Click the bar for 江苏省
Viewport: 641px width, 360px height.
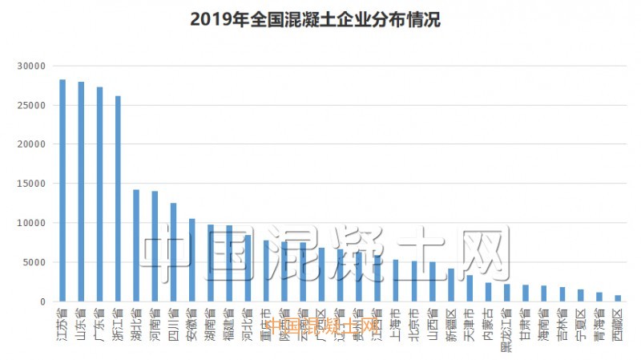pyautogui.click(x=62, y=191)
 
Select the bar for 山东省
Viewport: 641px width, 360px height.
pyautogui.click(x=81, y=192)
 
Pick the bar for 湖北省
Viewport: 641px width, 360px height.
pyautogui.click(x=136, y=245)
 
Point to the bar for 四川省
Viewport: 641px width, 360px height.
pyautogui.click(x=173, y=252)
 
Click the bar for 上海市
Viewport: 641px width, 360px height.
pyautogui.click(x=395, y=281)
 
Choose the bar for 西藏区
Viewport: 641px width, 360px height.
pyautogui.click(x=618, y=298)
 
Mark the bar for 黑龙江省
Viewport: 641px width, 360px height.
pyautogui.click(x=506, y=293)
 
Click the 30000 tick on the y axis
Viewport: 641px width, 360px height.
pyautogui.click(x=31, y=66)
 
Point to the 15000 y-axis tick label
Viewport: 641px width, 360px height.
pyautogui.click(x=31, y=184)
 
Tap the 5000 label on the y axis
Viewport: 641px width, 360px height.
pyautogui.click(x=34, y=262)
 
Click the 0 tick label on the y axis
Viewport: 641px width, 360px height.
pyautogui.click(x=43, y=301)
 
